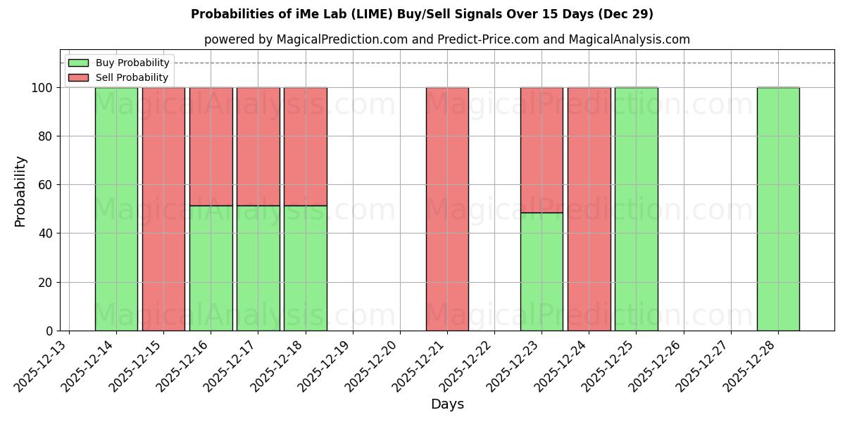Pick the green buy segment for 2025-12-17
(x=258, y=268)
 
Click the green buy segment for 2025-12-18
(x=305, y=268)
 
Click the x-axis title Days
(x=447, y=404)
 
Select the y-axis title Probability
(x=20, y=191)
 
